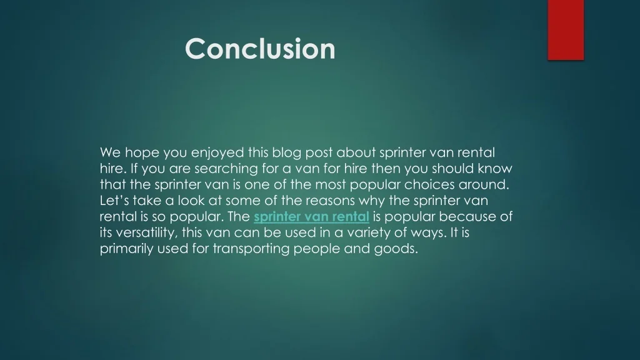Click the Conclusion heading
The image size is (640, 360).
(x=260, y=49)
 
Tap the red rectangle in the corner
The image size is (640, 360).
(x=566, y=30)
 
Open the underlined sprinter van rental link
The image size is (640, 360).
(x=311, y=216)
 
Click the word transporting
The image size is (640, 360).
(x=251, y=249)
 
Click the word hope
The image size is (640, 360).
(x=142, y=153)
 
